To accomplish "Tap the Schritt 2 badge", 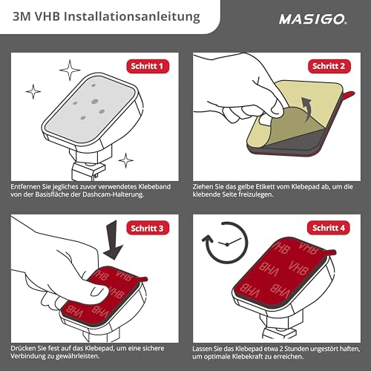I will (329, 66).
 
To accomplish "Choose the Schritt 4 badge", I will (329, 227).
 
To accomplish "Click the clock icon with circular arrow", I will (223, 256).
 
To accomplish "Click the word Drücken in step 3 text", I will (24, 347).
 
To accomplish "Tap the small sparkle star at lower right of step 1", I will (125, 159).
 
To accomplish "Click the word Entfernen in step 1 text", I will (27, 185).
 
